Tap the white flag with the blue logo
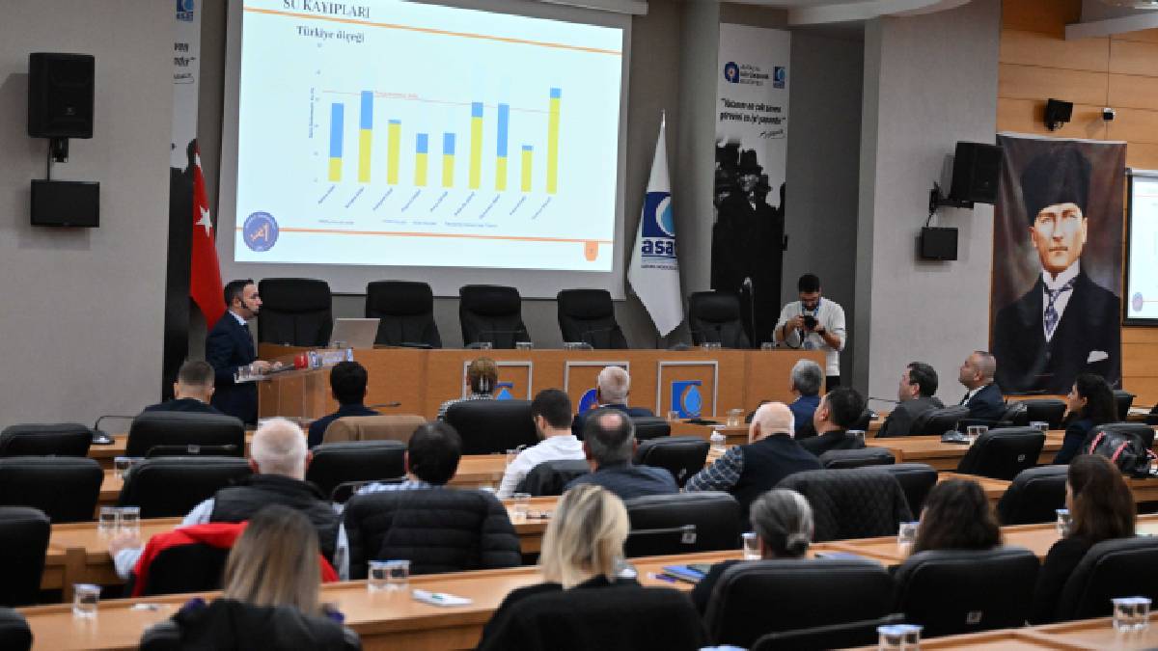657,231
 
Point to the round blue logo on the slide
260,231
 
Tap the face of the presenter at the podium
240,298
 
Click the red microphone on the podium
302,361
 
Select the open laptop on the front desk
354,333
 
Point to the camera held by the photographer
809,322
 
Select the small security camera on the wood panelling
1107,114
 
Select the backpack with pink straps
1120,449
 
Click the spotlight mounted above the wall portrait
1058,112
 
